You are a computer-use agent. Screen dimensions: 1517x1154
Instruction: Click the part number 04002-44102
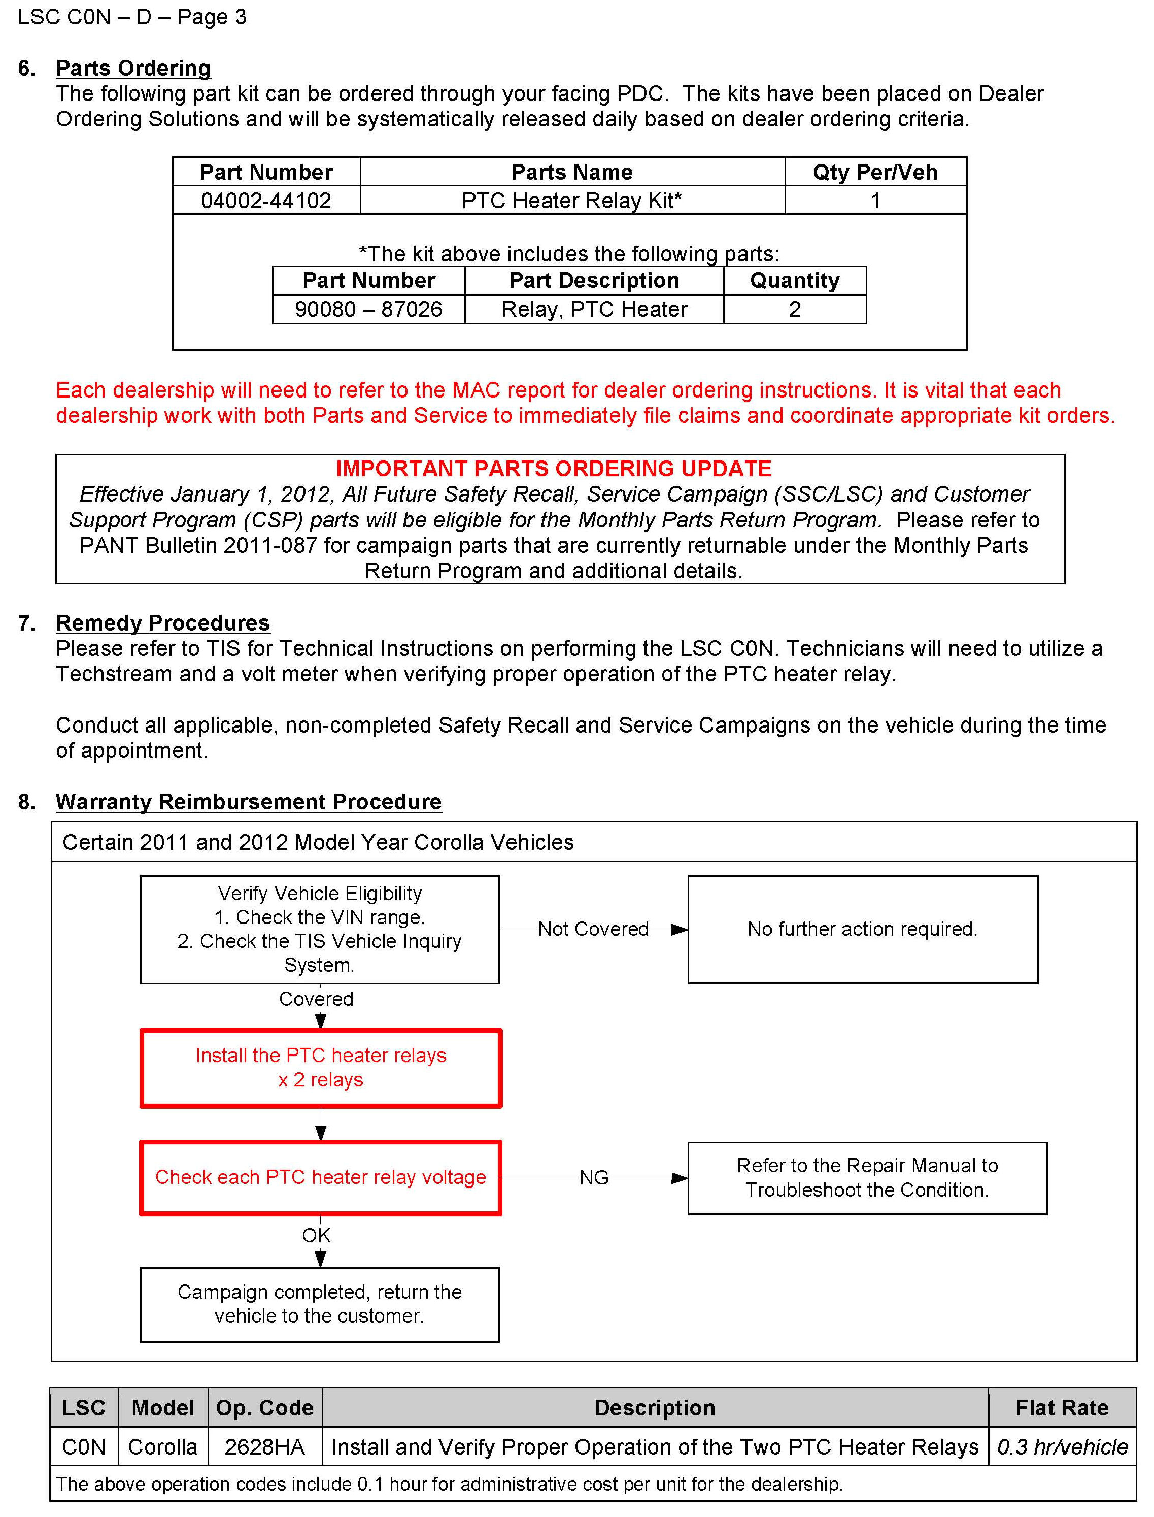(x=266, y=201)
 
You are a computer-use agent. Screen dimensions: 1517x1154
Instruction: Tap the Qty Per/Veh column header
(x=875, y=172)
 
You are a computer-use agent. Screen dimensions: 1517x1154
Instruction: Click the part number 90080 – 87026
(x=368, y=309)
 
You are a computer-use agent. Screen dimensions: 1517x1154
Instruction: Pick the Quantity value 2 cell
(x=795, y=309)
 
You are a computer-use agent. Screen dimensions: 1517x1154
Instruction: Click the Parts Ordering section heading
(x=133, y=68)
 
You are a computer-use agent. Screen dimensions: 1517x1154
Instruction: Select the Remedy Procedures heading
(x=163, y=622)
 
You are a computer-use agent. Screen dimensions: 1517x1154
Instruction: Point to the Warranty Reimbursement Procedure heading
(x=248, y=801)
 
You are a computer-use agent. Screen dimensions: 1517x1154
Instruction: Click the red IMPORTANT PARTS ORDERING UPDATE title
(x=554, y=469)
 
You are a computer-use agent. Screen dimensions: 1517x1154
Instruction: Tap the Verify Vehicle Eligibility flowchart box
(x=319, y=929)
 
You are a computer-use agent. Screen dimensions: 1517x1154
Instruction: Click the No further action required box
(x=862, y=929)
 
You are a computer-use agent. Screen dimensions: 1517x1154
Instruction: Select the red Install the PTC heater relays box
(x=321, y=1068)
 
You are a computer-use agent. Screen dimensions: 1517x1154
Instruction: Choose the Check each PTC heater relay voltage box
(x=321, y=1177)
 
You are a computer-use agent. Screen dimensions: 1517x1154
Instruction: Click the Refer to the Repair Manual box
(x=867, y=1177)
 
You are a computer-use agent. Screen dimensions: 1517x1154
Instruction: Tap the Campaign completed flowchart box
(x=319, y=1304)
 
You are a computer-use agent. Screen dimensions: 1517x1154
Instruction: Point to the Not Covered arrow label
(x=593, y=929)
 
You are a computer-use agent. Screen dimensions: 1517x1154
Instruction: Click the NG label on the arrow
(x=593, y=1177)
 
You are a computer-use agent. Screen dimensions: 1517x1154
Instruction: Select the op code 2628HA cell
(x=264, y=1446)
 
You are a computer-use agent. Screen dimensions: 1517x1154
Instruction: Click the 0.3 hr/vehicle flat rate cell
(x=1062, y=1446)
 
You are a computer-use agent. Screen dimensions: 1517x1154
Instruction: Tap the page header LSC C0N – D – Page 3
(x=132, y=17)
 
